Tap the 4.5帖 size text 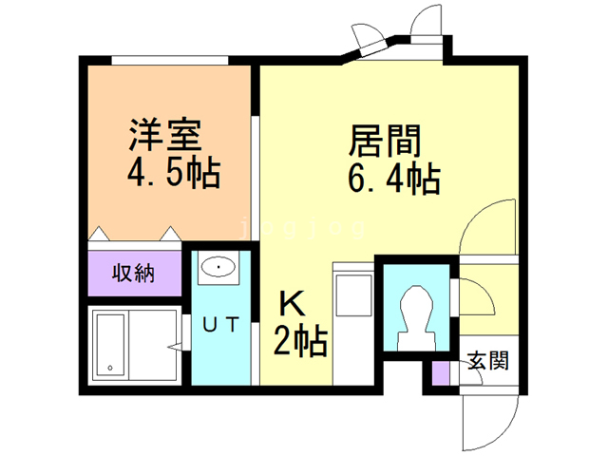[x=174, y=174]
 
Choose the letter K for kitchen [x=293, y=304]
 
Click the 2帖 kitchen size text [x=300, y=339]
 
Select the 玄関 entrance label [x=487, y=361]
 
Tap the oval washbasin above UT [x=219, y=269]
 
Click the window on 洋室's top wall [x=171, y=61]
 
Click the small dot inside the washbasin [x=219, y=269]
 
